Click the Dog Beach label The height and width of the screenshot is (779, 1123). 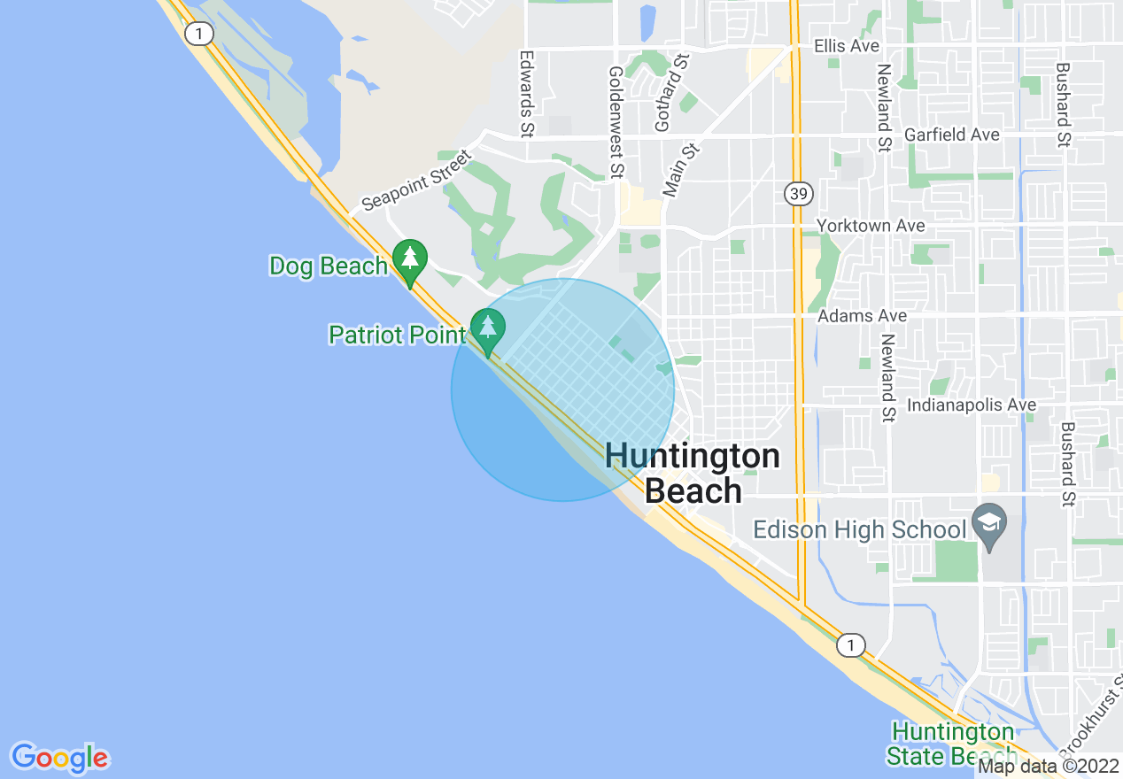pyautogui.click(x=329, y=266)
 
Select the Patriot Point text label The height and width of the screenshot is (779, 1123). pyautogui.click(x=397, y=335)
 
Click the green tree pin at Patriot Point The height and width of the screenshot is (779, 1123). pyautogui.click(x=487, y=328)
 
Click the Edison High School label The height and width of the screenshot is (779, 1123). pyautogui.click(x=859, y=529)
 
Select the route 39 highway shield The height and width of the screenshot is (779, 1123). pyautogui.click(x=797, y=193)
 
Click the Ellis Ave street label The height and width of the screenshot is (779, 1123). pyautogui.click(x=848, y=45)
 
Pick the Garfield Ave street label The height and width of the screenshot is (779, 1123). pyautogui.click(x=951, y=135)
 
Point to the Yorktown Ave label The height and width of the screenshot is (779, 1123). pyautogui.click(x=871, y=226)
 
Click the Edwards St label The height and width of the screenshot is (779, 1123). pyautogui.click(x=527, y=93)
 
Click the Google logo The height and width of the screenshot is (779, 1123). pyautogui.click(x=60, y=757)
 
